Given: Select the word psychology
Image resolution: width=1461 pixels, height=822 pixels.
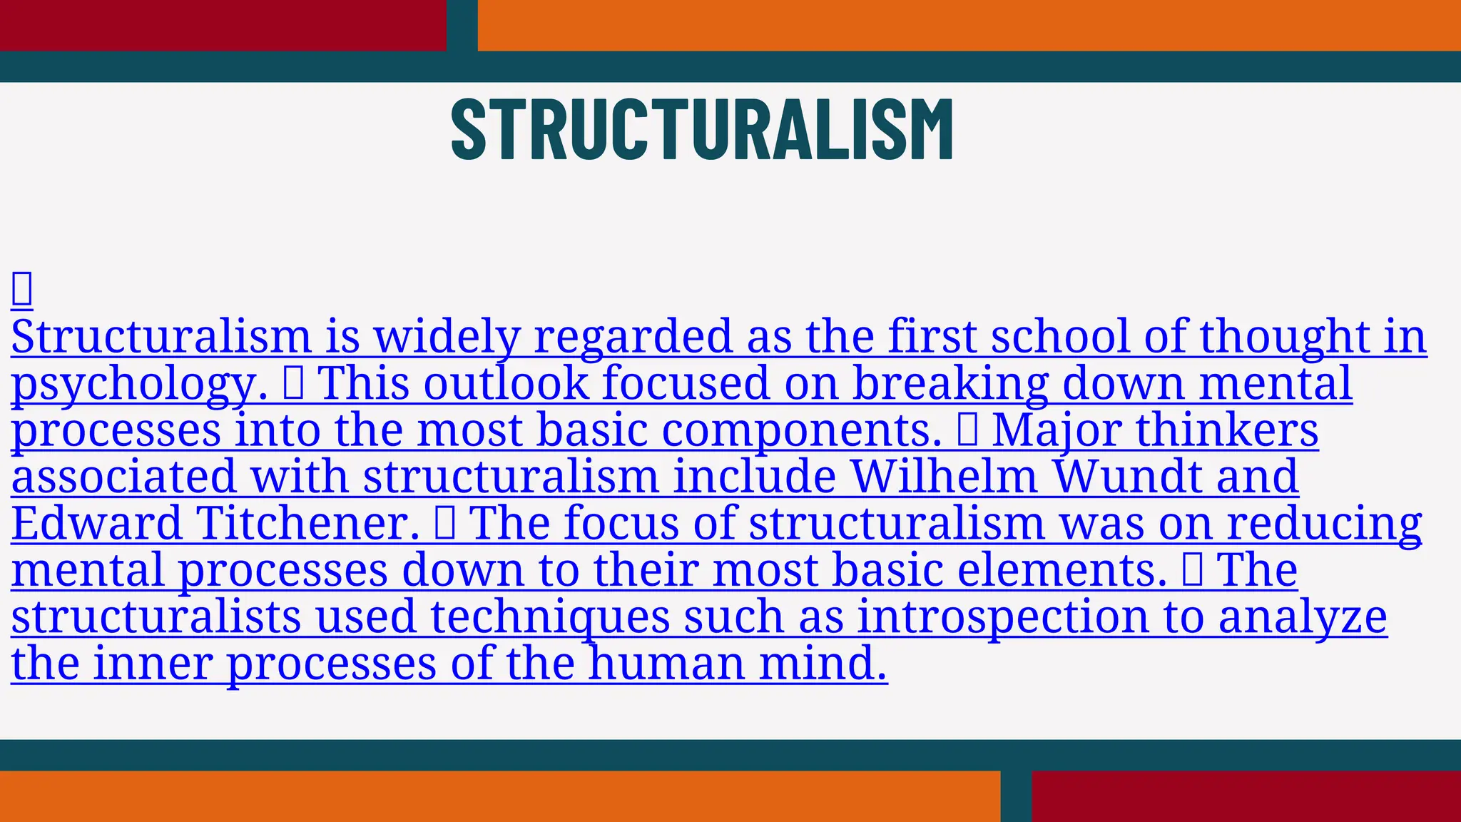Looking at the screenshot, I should pos(139,384).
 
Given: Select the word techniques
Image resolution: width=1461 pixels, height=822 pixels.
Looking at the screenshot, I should pos(550,618).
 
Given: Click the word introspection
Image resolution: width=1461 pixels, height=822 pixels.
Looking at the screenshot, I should pos(1003,618).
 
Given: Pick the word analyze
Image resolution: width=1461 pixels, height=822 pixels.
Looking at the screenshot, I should pos(1303,618).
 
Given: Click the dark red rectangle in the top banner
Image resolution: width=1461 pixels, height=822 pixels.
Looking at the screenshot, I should pos(223,25).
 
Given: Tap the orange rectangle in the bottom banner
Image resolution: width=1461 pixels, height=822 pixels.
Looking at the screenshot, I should pos(499,796).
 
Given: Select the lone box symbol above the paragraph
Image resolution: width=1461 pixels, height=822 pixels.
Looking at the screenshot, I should pos(22,289).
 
